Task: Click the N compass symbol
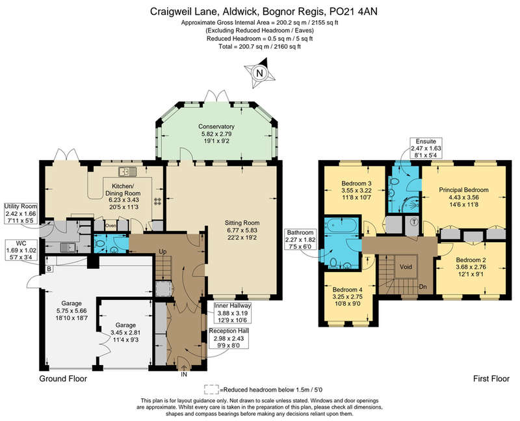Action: [259, 73]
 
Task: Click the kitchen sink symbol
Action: [127, 171]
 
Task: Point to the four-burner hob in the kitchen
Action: [157, 201]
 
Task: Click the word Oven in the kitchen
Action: [110, 226]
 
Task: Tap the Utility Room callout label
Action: [21, 214]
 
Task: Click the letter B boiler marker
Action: [49, 269]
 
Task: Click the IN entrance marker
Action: [184, 374]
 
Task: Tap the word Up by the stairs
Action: [162, 252]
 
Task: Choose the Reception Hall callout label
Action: [229, 338]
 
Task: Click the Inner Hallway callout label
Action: [233, 313]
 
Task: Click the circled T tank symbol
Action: [414, 222]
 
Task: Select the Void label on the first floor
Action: [406, 267]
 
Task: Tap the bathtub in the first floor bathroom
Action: [341, 224]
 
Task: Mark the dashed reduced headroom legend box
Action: [212, 389]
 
